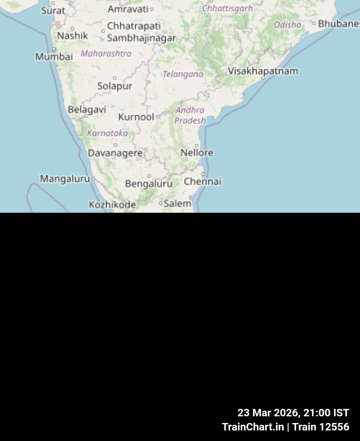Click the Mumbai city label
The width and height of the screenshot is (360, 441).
point(54,56)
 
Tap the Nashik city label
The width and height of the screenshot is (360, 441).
point(72,36)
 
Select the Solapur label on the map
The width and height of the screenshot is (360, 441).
point(115,86)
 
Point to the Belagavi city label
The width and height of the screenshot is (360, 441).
point(87,109)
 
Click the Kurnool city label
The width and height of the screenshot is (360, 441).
point(136,117)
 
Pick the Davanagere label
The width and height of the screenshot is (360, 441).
point(115,153)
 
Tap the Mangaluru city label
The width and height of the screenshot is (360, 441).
point(65,179)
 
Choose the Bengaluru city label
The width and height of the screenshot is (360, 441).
point(149,183)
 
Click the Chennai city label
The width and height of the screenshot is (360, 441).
point(203,181)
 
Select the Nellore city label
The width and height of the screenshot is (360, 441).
point(197,152)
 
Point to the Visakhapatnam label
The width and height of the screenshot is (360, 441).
point(263,71)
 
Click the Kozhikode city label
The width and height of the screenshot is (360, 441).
point(112,205)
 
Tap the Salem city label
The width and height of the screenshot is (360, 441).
point(177,203)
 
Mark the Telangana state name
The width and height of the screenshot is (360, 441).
point(183,74)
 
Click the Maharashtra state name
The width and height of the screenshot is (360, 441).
point(106,53)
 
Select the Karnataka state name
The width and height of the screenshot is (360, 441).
point(107,133)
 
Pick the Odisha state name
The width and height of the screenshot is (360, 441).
point(288,25)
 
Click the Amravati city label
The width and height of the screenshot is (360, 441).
point(128,9)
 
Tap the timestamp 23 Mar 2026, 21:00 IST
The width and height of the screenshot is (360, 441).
point(293,413)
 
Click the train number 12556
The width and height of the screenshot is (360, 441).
point(334,427)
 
